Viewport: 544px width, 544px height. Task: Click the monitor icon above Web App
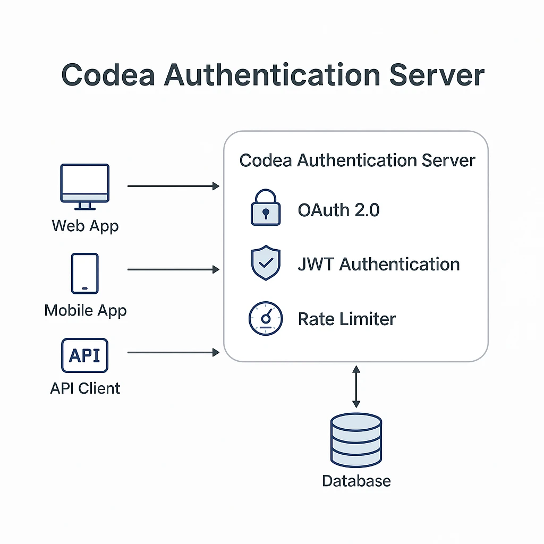[85, 186]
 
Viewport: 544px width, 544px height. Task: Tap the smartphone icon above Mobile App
[85, 273]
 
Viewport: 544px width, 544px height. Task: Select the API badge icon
[85, 355]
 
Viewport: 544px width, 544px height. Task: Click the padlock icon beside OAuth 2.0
[265, 209]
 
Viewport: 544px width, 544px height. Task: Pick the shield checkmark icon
[265, 262]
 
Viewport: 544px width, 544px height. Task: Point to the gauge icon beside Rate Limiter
[265, 319]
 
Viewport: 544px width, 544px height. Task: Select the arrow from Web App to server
[173, 186]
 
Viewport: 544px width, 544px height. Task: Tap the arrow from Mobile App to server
[173, 270]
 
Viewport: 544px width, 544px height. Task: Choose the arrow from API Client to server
[173, 352]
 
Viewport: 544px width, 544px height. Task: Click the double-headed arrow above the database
[356, 386]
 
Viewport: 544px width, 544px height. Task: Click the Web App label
[85, 226]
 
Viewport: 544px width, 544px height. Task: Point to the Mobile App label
[85, 310]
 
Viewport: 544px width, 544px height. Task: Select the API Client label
[85, 388]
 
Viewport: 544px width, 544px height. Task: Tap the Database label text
[356, 481]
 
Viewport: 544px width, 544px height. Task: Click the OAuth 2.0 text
[338, 210]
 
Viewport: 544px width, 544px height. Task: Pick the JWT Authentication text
[378, 264]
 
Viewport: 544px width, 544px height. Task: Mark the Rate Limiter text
[346, 319]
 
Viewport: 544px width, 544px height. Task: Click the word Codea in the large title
[108, 75]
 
